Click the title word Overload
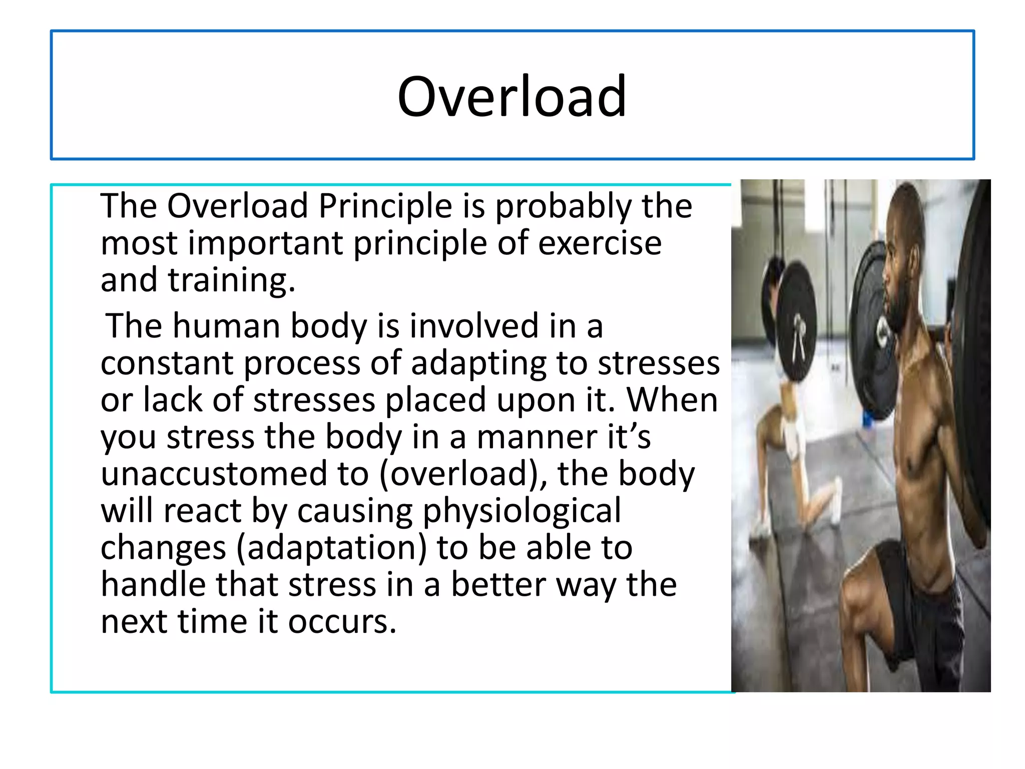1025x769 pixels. point(511,96)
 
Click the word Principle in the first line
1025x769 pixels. point(385,206)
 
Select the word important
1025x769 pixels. point(265,244)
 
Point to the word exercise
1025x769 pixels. point(600,243)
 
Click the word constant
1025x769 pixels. point(167,363)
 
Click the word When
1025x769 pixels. point(672,401)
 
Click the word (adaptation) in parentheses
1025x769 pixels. point(331,549)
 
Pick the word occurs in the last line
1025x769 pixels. point(342,623)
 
